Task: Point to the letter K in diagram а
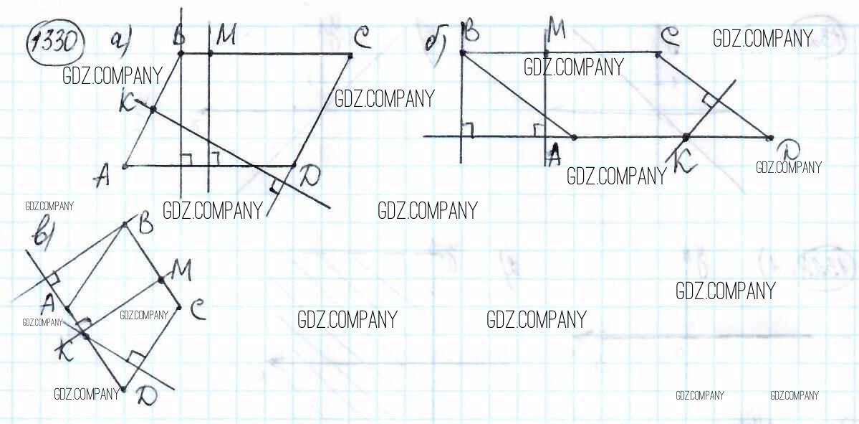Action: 130,106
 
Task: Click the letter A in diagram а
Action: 103,174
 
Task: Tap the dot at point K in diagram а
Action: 152,109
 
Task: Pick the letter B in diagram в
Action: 145,225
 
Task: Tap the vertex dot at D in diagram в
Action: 124,390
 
